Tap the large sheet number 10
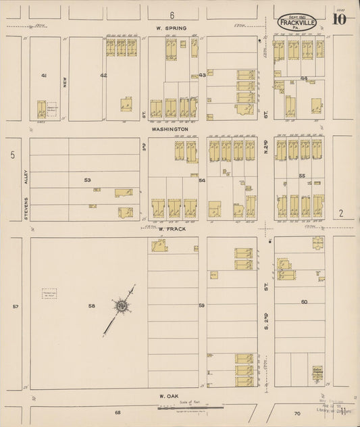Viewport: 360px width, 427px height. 340,18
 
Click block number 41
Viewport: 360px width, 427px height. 44,75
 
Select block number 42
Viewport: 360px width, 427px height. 103,75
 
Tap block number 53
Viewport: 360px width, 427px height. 87,180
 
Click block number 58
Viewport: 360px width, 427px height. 92,307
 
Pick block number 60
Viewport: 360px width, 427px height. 304,302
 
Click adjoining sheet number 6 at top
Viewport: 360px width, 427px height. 172,15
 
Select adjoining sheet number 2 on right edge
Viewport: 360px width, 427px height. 341,214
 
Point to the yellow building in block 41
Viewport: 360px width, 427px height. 42,109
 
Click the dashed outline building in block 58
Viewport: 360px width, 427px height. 49,294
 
